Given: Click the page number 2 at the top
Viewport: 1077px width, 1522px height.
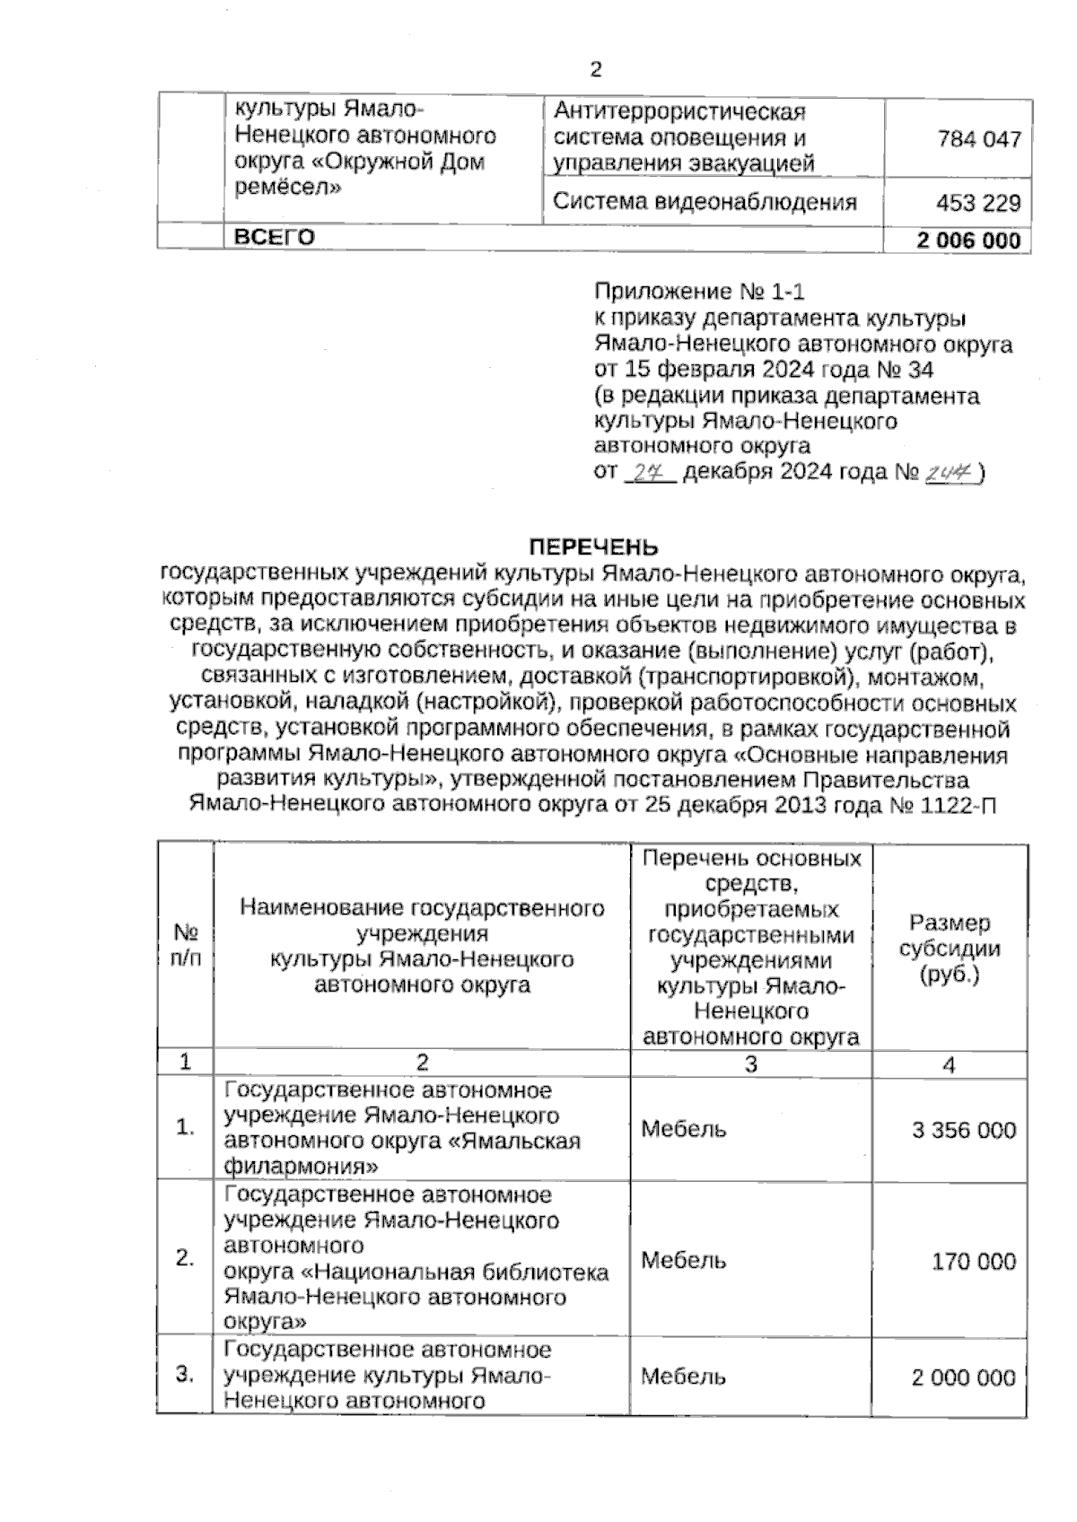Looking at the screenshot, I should point(595,69).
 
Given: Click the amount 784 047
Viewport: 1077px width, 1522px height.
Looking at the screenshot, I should point(978,139).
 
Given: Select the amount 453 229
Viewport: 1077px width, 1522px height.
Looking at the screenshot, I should point(978,203).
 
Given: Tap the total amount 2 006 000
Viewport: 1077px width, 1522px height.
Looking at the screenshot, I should point(968,241).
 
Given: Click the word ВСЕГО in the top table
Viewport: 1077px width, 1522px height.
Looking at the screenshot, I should point(275,238).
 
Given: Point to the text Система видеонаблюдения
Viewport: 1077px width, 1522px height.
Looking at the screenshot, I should point(705,202).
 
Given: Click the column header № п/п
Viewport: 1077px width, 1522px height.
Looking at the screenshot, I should point(186,945).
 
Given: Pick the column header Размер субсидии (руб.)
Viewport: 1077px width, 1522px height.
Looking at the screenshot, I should point(950,948).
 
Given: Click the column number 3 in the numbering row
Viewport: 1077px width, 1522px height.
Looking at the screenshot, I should point(751,1064).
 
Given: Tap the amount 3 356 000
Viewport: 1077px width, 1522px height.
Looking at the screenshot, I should point(964,1130).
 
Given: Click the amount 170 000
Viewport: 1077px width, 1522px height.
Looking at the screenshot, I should point(974,1262).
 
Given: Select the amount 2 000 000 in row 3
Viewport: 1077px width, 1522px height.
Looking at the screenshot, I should point(964,1378).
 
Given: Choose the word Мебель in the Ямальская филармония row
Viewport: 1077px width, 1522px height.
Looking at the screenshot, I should point(683,1129).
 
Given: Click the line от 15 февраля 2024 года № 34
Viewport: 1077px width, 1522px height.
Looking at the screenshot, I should point(764,370).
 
